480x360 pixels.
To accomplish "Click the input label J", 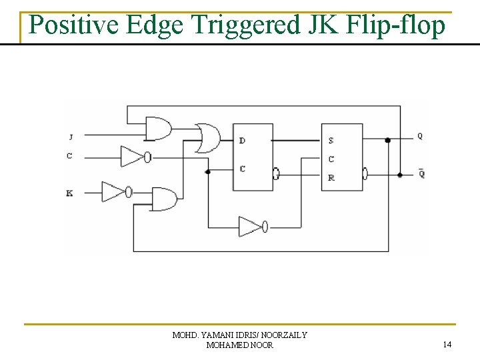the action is (70, 137).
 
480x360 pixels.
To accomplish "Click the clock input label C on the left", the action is (69, 157).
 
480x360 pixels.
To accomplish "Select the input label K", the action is (69, 193).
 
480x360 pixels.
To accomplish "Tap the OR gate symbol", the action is (207, 138).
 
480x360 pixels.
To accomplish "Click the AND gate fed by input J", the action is (159, 128).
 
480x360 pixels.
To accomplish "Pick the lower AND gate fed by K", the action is (165, 199).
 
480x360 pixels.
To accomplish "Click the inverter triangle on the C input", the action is (131, 157).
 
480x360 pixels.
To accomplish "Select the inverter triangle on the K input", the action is (113, 192).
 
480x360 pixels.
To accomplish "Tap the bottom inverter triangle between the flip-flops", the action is (250, 227).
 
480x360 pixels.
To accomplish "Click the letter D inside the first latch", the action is (242, 141).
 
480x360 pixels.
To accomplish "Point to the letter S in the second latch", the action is (331, 141).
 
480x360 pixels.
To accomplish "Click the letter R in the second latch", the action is (331, 178).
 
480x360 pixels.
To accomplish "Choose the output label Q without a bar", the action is (420, 136).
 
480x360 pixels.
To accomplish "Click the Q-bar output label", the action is (421, 174).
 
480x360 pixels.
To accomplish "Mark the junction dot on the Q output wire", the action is (388, 140).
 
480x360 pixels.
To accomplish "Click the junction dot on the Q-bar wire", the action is (400, 175).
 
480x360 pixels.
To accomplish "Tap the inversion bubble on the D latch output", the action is (277, 174).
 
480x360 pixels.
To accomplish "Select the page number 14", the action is (447, 344).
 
